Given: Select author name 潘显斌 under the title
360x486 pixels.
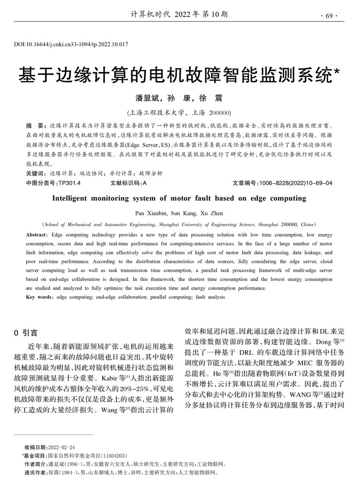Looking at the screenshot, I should coord(150,98).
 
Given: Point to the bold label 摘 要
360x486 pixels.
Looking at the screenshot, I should coord(35,125).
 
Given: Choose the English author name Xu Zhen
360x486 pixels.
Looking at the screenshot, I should coord(214,213).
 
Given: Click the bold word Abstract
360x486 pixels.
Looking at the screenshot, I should coord(37,235).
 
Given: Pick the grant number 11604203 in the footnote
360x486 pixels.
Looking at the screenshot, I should coord(113,455).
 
